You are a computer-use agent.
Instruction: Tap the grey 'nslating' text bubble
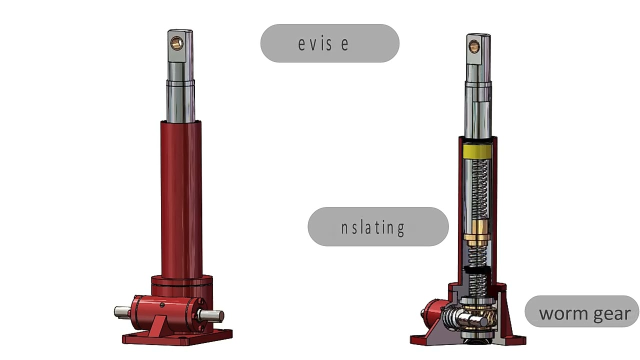click(x=378, y=227)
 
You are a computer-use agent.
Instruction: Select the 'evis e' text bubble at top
click(x=329, y=43)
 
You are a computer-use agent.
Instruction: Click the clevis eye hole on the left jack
click(x=177, y=43)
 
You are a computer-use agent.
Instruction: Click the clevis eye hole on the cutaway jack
click(x=473, y=47)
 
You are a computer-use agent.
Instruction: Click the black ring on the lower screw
click(x=478, y=270)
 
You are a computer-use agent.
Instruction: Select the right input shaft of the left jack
click(x=212, y=315)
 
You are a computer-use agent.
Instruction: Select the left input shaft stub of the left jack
click(x=122, y=312)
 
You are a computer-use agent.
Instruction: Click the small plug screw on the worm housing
click(x=161, y=305)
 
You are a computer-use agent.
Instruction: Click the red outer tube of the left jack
click(x=181, y=200)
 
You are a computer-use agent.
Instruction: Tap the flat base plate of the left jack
click(x=177, y=338)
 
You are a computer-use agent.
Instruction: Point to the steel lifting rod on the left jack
click(x=180, y=95)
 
